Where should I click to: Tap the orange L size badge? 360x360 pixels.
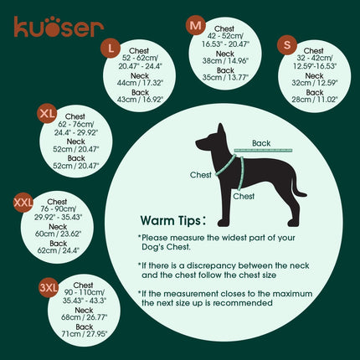tap(112, 48)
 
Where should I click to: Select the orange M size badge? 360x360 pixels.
tap(196, 26)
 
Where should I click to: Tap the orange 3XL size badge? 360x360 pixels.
tap(49, 289)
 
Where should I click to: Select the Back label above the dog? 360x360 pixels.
tap(262, 143)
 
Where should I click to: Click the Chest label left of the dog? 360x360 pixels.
tap(201, 176)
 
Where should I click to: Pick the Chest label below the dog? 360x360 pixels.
tap(244, 196)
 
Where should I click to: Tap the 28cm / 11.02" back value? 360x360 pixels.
tap(314, 99)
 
